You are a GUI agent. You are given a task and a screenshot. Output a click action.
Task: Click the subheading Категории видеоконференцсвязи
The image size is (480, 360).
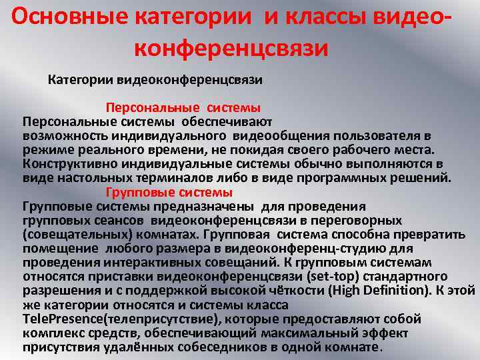click(155, 80)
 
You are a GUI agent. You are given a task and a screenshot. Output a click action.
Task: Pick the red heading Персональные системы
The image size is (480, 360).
click(183, 107)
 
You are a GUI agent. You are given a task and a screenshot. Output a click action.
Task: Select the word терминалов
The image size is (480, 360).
click(185, 178)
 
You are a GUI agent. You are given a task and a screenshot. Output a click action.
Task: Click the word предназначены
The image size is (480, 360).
click(213, 206)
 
